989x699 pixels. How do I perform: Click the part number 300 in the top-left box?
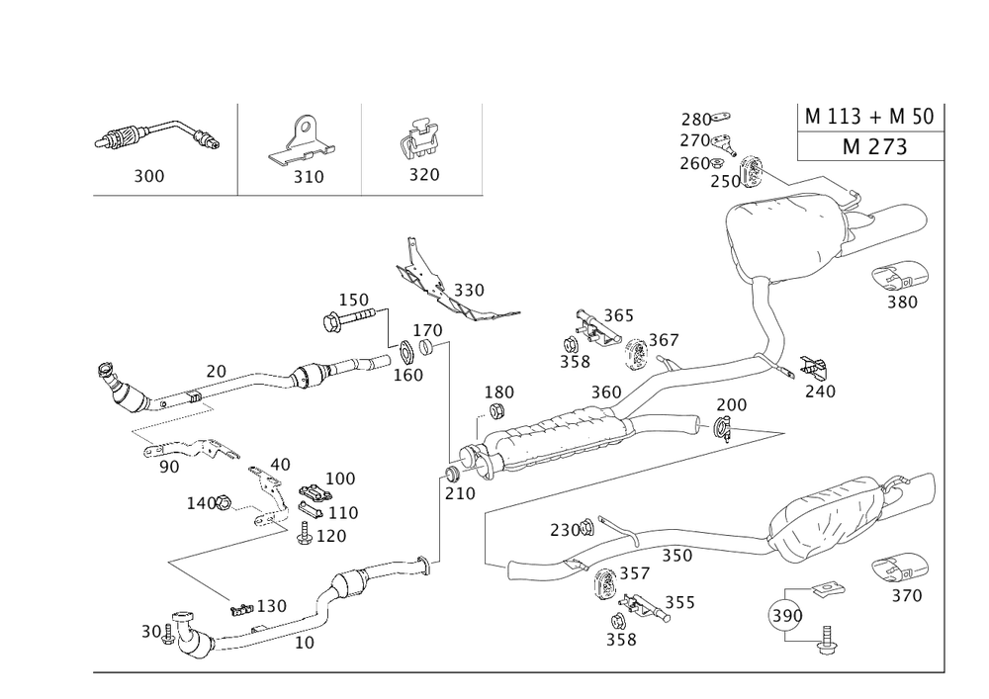pyautogui.click(x=149, y=176)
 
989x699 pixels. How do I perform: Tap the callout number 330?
pyautogui.click(x=468, y=291)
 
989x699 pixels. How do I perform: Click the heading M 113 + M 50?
pyautogui.click(x=869, y=117)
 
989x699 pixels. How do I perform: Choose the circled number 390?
pyautogui.click(x=785, y=616)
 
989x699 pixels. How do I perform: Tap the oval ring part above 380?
pyautogui.click(x=900, y=275)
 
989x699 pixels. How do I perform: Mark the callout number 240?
pyautogui.click(x=819, y=391)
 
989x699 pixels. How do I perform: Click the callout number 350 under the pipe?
pyautogui.click(x=676, y=557)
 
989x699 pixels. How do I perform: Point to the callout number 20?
pyautogui.click(x=216, y=371)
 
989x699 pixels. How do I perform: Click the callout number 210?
pyautogui.click(x=458, y=491)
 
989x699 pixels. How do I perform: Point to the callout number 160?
pyautogui.click(x=408, y=375)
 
